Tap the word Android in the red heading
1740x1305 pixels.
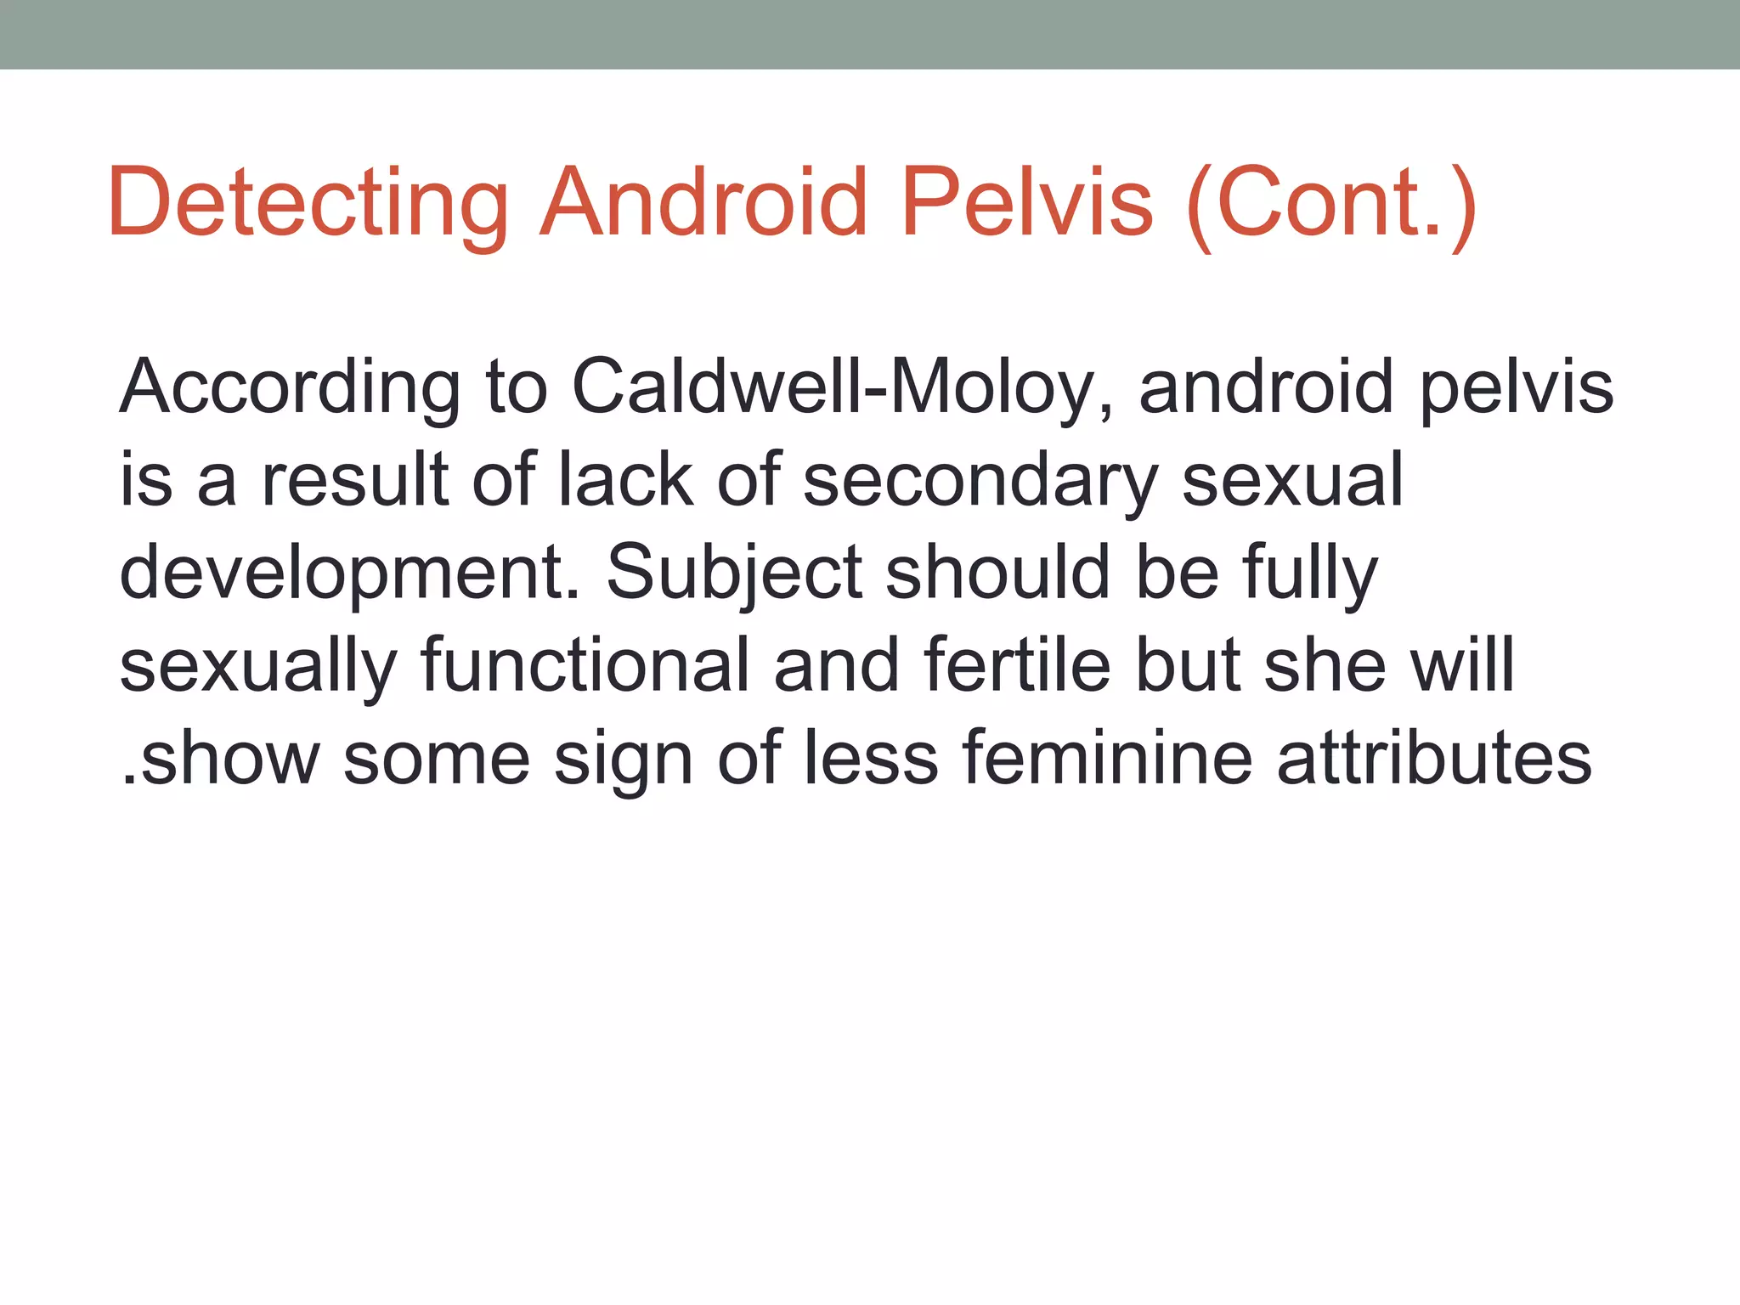pos(704,204)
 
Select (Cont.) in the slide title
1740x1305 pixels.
pos(1330,204)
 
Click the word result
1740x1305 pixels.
pos(355,480)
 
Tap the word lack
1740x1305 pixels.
pos(625,480)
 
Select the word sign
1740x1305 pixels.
pos(623,760)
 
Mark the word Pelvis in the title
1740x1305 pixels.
pos(1027,204)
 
